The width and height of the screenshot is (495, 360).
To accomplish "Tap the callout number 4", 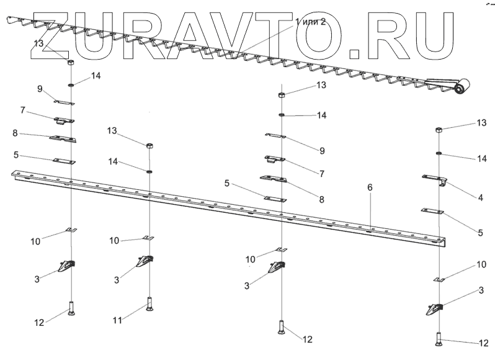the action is point(480,198).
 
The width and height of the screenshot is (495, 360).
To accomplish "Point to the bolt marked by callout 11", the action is point(149,305).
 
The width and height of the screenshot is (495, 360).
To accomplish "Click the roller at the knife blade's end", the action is point(461,89).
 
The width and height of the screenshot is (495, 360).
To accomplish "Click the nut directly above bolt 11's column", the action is point(149,146).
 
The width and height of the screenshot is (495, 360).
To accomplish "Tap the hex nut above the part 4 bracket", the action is point(439,130).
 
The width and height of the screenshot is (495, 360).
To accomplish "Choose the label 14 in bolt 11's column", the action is point(112,161).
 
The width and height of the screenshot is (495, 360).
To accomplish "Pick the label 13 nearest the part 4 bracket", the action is point(481,124).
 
